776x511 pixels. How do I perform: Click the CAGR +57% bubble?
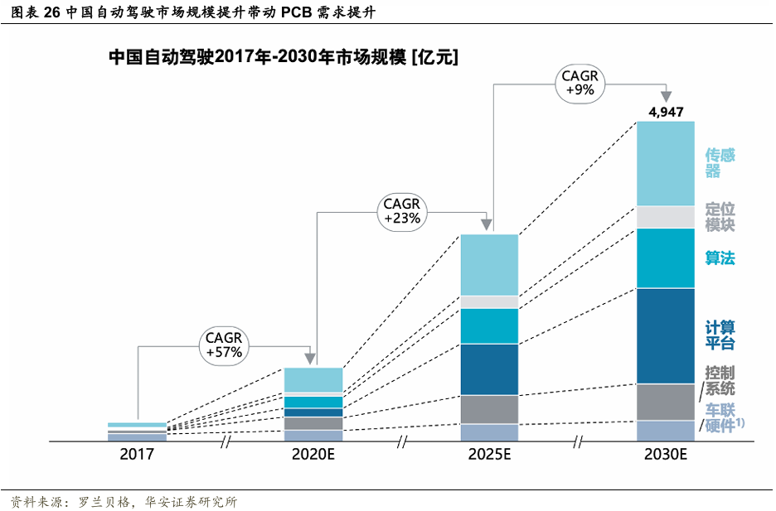click(x=223, y=345)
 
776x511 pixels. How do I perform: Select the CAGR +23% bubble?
click(x=402, y=211)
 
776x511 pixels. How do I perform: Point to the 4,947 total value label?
click(x=666, y=112)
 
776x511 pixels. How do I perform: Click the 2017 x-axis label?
click(x=137, y=454)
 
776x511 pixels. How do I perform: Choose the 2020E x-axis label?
click(x=313, y=454)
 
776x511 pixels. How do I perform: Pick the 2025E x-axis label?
click(x=489, y=454)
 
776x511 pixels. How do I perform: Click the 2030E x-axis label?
click(x=666, y=454)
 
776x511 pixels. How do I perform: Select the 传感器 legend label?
click(x=720, y=163)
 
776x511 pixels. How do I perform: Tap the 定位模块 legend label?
click(x=720, y=217)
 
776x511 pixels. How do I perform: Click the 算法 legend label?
click(x=720, y=258)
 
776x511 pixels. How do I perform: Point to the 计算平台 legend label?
click(x=720, y=335)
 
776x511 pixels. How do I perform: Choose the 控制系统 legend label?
click(x=720, y=381)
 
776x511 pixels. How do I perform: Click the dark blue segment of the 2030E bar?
click(x=665, y=335)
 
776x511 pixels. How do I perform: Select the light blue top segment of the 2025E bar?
click(x=489, y=265)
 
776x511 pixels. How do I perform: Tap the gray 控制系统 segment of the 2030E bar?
click(x=665, y=402)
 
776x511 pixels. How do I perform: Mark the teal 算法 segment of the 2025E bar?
click(x=489, y=325)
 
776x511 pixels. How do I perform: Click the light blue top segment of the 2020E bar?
click(x=313, y=379)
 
